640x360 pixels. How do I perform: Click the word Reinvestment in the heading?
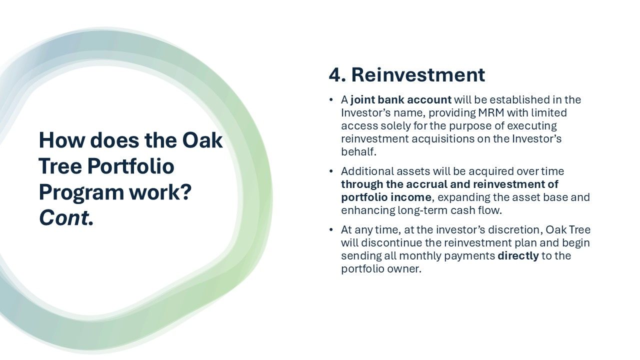pyautogui.click(x=418, y=75)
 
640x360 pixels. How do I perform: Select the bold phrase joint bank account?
pyautogui.click(x=401, y=99)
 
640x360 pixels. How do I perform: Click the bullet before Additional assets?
pyautogui.click(x=331, y=171)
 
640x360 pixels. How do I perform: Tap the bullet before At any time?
pyautogui.click(x=331, y=229)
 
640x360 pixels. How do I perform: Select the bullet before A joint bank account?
pyautogui.click(x=331, y=99)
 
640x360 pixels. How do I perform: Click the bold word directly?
pyautogui.click(x=518, y=255)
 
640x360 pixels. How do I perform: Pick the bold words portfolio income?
pyautogui.click(x=386, y=197)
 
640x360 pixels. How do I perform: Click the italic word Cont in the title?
pyautogui.click(x=63, y=218)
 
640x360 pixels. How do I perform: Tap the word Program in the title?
pyautogui.click(x=81, y=193)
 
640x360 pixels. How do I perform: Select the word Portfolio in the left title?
pyautogui.click(x=130, y=166)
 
